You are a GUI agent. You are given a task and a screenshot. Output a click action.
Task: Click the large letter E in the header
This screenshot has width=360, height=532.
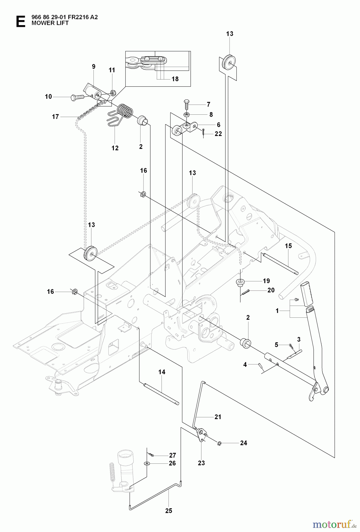(20, 22)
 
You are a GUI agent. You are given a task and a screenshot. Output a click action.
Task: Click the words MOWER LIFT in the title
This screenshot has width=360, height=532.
(50, 23)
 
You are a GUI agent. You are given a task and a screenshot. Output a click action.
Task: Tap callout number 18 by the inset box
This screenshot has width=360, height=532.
(175, 79)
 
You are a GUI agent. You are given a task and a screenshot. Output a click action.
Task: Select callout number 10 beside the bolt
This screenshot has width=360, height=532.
(48, 97)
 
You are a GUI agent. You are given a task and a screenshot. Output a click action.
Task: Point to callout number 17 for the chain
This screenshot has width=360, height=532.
(55, 117)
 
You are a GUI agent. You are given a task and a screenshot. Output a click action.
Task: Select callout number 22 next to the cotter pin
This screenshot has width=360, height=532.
(218, 134)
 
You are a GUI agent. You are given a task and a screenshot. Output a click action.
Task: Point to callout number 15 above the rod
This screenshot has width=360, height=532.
(288, 246)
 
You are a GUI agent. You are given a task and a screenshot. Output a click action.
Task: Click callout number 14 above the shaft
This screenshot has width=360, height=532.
(162, 372)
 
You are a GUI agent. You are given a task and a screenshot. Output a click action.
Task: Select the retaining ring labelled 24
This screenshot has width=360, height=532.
(219, 443)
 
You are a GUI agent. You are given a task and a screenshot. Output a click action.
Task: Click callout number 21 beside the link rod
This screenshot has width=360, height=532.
(218, 417)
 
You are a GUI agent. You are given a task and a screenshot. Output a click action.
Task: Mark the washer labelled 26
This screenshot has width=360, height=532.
(147, 463)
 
